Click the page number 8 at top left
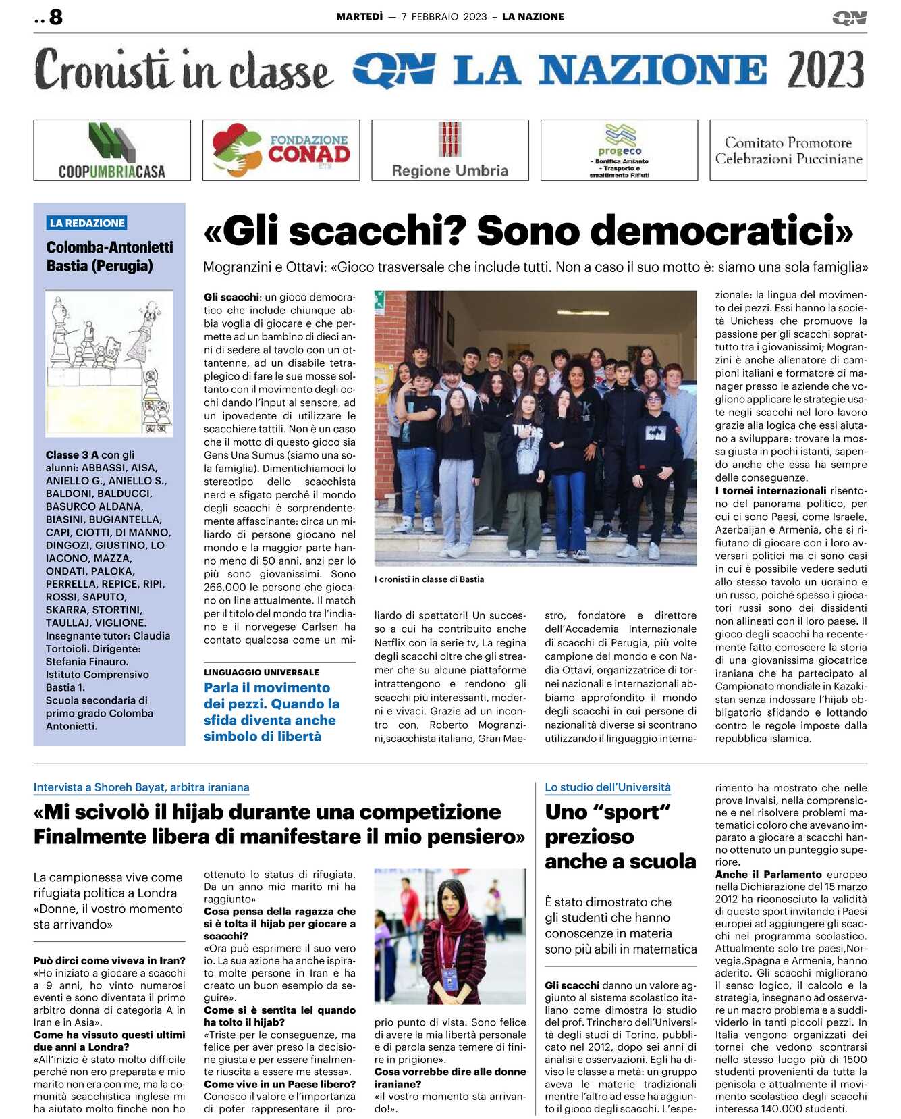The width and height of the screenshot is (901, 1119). (x=55, y=17)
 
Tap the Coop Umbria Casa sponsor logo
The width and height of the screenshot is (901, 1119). (x=112, y=150)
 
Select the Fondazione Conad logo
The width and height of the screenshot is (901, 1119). (x=281, y=150)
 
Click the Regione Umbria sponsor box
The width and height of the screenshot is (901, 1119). (x=450, y=150)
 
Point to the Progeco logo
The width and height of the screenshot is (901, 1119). (x=619, y=150)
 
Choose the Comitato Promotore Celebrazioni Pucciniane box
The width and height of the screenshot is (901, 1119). (x=788, y=151)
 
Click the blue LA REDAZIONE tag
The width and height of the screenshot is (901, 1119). (x=88, y=223)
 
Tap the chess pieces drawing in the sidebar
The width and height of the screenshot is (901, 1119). (x=109, y=363)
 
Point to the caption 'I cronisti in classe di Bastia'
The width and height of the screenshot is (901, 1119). (x=429, y=579)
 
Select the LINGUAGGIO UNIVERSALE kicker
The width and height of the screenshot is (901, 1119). (x=261, y=673)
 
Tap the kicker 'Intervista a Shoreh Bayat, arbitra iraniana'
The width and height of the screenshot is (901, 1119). (x=142, y=787)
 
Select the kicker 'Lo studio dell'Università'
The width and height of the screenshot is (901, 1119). (x=607, y=787)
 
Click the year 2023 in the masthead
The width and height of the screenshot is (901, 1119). (x=825, y=70)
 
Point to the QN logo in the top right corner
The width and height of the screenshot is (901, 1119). (x=850, y=18)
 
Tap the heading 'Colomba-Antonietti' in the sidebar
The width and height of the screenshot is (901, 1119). (x=109, y=247)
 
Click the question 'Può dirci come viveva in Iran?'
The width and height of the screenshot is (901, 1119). (x=109, y=961)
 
